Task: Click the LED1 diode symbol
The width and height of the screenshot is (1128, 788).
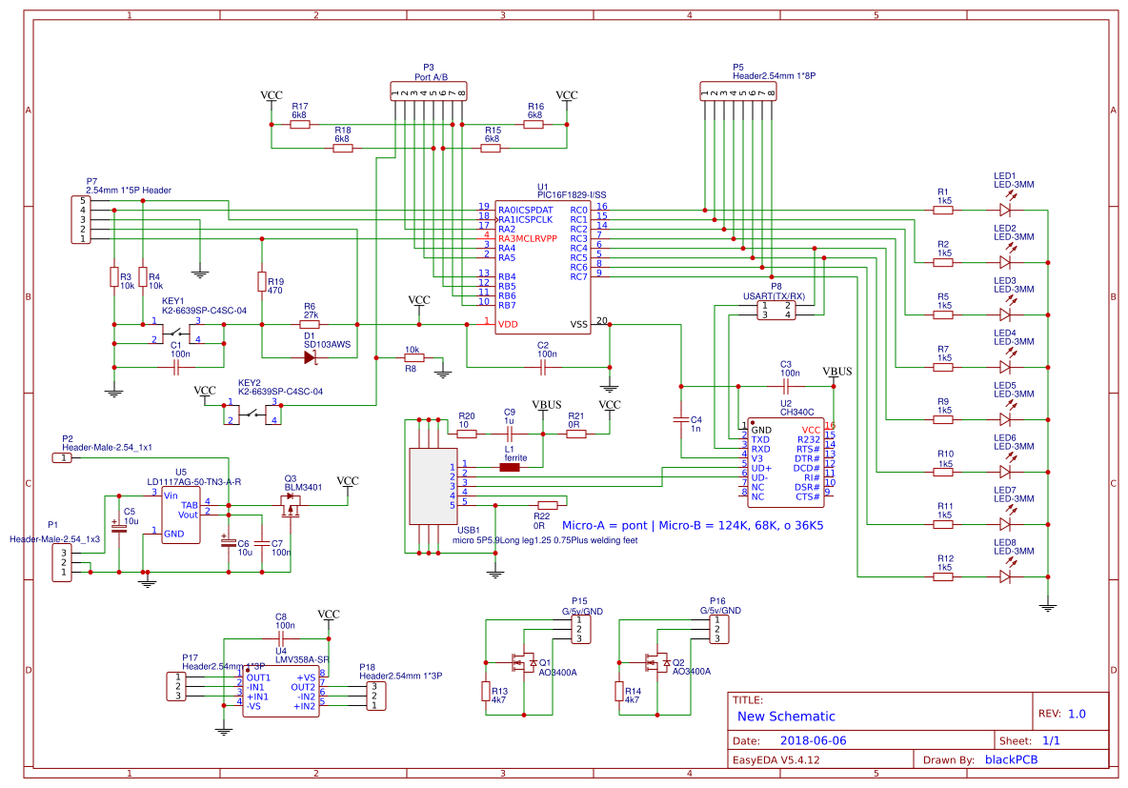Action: pos(1004,209)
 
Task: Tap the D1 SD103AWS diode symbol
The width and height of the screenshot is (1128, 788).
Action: pos(310,357)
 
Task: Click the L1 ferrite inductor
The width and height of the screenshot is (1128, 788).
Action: pos(510,467)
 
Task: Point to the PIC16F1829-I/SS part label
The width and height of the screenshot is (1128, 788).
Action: pos(571,194)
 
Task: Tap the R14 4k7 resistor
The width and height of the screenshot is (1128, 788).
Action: pos(619,691)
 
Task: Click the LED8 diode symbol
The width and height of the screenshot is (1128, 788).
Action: pos(1004,576)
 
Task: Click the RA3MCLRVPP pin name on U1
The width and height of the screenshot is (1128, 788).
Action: pos(527,238)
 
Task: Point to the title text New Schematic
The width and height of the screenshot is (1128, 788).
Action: pos(786,717)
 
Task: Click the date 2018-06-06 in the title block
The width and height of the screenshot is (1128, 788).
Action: pos(813,740)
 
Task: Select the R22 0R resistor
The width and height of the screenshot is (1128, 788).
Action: pos(547,505)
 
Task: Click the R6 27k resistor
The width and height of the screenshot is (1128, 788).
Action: pos(310,324)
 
